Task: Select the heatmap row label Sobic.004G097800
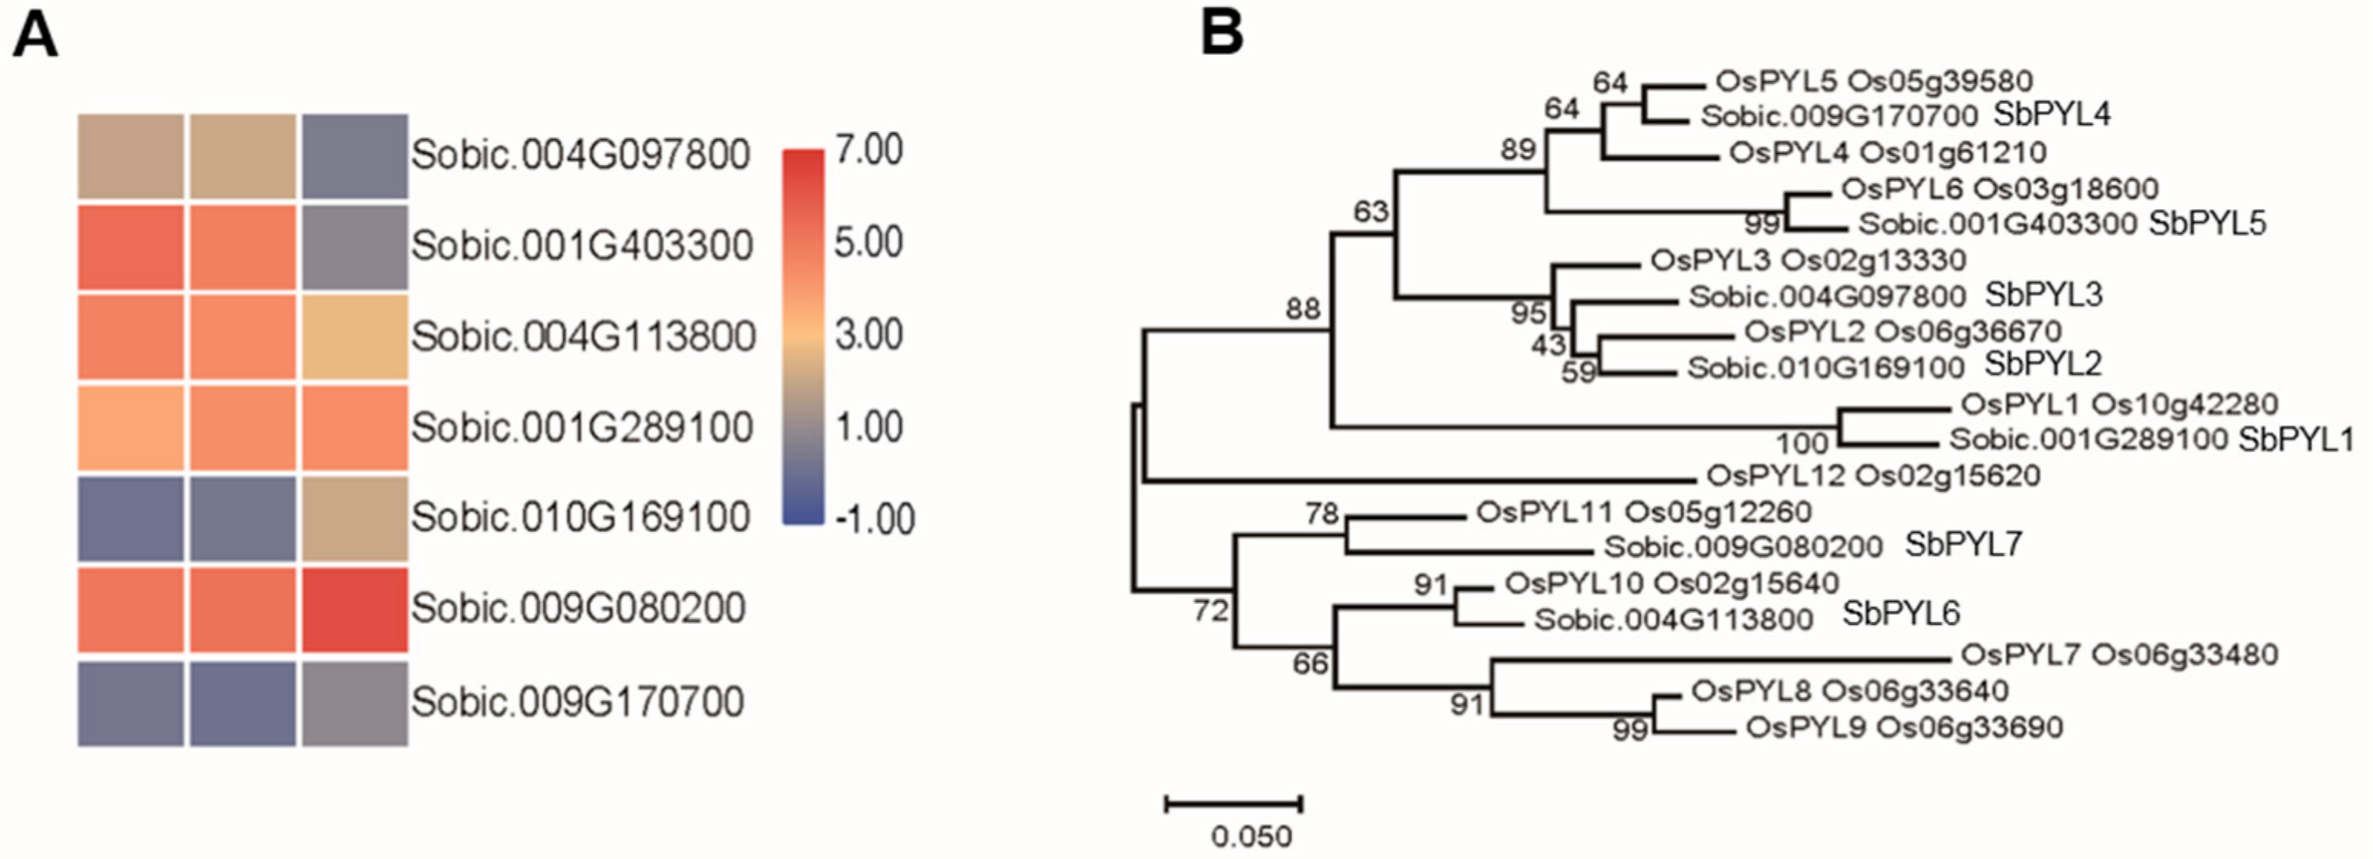coord(580,155)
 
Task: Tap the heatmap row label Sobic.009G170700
coord(577,701)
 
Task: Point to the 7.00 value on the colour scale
coord(868,150)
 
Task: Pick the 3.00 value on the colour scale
coord(868,335)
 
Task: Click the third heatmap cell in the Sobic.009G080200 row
coord(355,609)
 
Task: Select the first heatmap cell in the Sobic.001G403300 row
coord(130,247)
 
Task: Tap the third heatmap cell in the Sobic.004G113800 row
coord(355,337)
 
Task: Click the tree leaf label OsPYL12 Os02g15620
coord(1874,476)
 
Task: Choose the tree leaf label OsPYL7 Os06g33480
coord(2119,655)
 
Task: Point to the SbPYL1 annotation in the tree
coord(2296,440)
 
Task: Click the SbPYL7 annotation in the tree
coord(1963,545)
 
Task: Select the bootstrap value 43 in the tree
coord(1548,345)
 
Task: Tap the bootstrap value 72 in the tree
coord(1211,609)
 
